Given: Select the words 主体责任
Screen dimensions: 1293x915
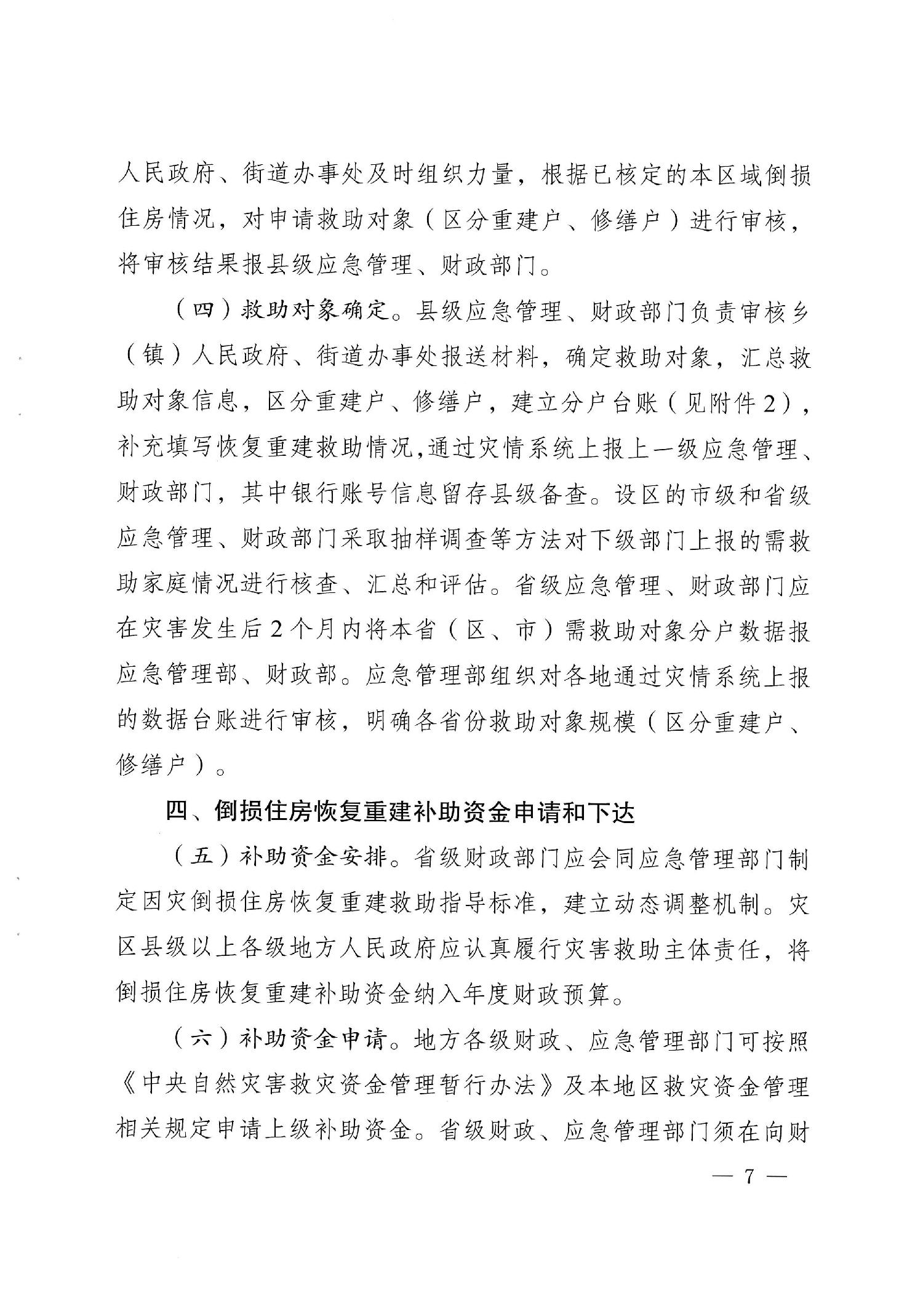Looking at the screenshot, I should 716,948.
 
